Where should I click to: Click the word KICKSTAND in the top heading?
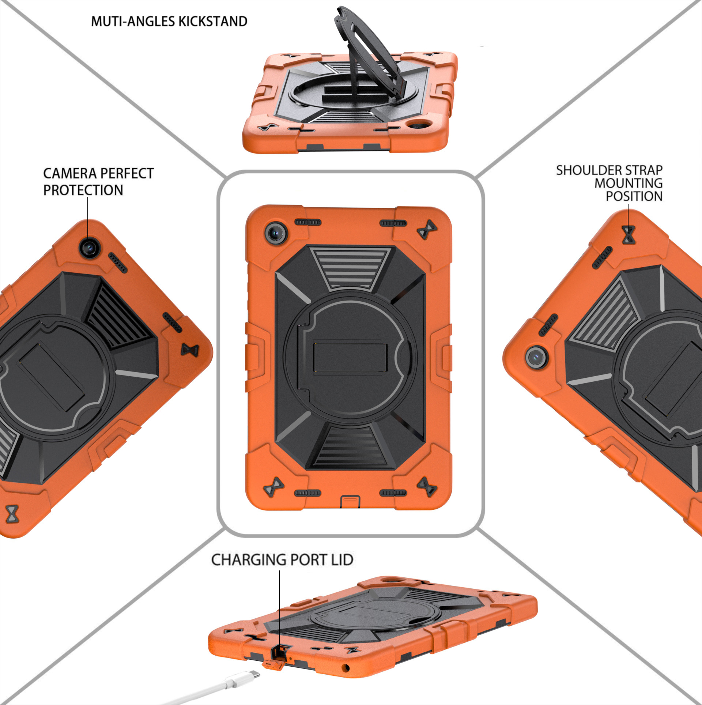[x=212, y=21]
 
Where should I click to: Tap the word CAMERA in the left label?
[x=69, y=173]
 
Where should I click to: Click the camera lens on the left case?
[x=89, y=248]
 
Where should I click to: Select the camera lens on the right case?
[x=536, y=357]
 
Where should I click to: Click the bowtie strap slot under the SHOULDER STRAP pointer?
[x=629, y=235]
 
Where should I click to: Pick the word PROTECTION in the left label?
[x=83, y=190]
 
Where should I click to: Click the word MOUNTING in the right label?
[x=629, y=183]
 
